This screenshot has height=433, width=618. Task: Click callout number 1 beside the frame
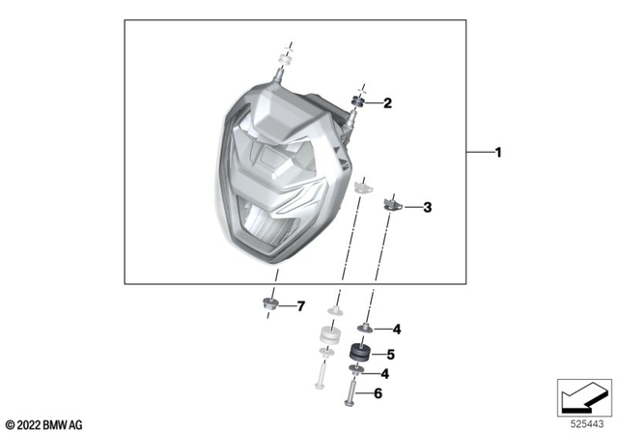pos(498,153)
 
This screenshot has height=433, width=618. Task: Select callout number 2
pos(387,102)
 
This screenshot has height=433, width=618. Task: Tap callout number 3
pos(428,206)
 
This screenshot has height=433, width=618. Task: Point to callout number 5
pos(391,354)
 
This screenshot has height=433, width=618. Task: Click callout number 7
pos(300,306)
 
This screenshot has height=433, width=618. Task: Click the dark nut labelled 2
pos(359,101)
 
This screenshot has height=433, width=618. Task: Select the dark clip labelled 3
pos(393,203)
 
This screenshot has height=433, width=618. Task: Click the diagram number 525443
pos(583,422)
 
